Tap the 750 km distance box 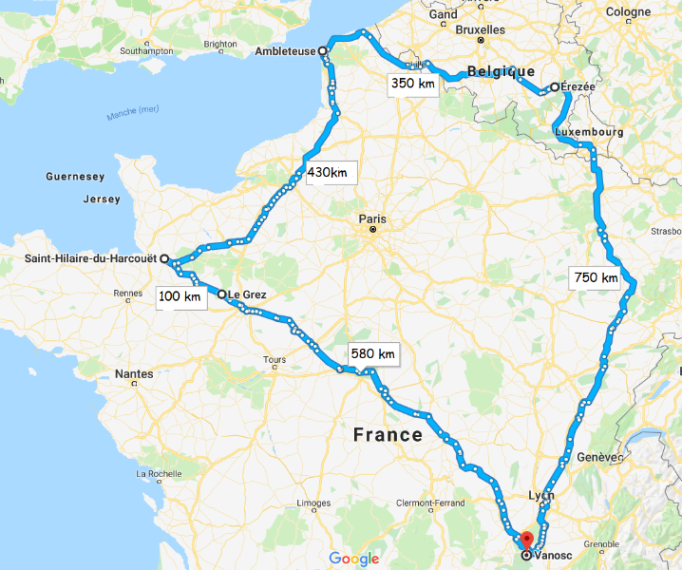[x=596, y=277]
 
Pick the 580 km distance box [x=372, y=353]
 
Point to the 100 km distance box [x=180, y=297]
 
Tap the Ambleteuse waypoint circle [x=323, y=50]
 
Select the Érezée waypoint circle [x=555, y=87]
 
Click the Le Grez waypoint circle [x=222, y=294]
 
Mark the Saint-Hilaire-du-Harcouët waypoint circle [x=163, y=258]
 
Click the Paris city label [x=372, y=218]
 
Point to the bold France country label [x=388, y=435]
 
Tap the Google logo [x=354, y=559]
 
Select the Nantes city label [x=134, y=374]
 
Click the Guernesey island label [x=75, y=177]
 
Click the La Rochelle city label [x=160, y=473]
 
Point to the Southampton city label [x=147, y=50]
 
